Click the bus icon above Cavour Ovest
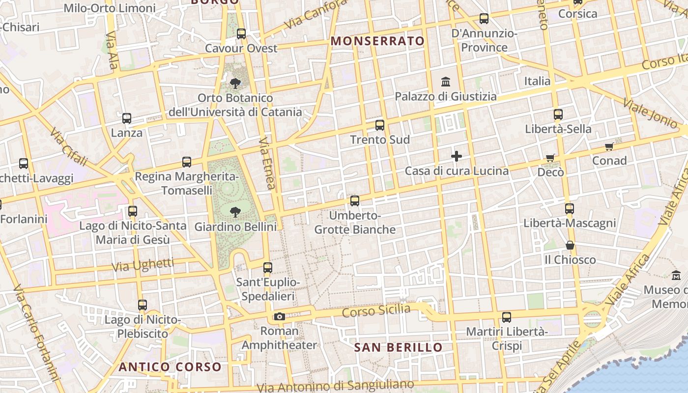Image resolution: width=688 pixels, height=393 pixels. click(x=241, y=34)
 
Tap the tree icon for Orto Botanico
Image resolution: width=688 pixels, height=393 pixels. click(x=235, y=83)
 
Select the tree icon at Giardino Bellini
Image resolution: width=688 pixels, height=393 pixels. click(x=235, y=212)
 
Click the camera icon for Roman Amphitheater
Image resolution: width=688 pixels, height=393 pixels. click(x=280, y=316)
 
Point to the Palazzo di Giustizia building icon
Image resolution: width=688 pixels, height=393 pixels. click(x=446, y=81)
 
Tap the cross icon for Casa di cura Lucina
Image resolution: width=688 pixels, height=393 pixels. click(x=457, y=157)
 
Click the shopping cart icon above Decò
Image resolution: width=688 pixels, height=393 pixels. click(x=550, y=158)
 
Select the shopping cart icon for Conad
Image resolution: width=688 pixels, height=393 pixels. click(x=609, y=146)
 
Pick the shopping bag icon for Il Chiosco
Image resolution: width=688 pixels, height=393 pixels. click(x=570, y=245)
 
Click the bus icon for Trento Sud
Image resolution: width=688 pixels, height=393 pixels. click(x=379, y=125)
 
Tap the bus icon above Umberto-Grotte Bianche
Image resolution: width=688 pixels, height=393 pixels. click(x=354, y=201)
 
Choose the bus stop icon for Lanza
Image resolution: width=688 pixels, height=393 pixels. click(x=127, y=118)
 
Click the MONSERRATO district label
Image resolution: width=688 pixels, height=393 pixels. click(x=378, y=41)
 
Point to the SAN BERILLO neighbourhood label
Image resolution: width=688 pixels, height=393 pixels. click(x=399, y=347)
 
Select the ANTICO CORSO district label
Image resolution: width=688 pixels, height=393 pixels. click(x=170, y=366)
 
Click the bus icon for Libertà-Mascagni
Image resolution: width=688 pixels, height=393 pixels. click(x=570, y=209)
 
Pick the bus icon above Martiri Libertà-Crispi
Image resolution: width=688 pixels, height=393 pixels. click(x=507, y=317)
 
